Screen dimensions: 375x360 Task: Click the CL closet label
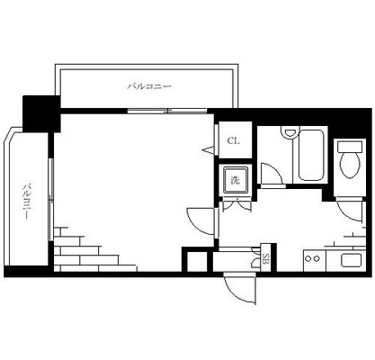[x=233, y=140]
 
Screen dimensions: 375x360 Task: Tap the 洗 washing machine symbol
[x=236, y=180]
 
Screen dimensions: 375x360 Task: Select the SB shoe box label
[x=265, y=258]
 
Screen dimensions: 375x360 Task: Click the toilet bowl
[x=350, y=165]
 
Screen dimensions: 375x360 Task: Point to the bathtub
[x=311, y=156]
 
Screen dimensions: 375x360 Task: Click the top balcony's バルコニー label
[x=149, y=86]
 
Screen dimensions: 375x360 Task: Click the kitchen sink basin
[x=352, y=261]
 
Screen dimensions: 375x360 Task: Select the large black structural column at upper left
[x=41, y=114]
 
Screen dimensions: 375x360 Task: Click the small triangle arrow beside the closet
[x=209, y=149]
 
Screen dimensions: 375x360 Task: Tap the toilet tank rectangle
[x=350, y=147]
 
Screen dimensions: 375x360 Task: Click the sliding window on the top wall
[x=167, y=111]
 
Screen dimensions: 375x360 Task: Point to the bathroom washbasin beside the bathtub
[x=290, y=132]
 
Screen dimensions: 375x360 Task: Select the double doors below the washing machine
[x=237, y=205]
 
